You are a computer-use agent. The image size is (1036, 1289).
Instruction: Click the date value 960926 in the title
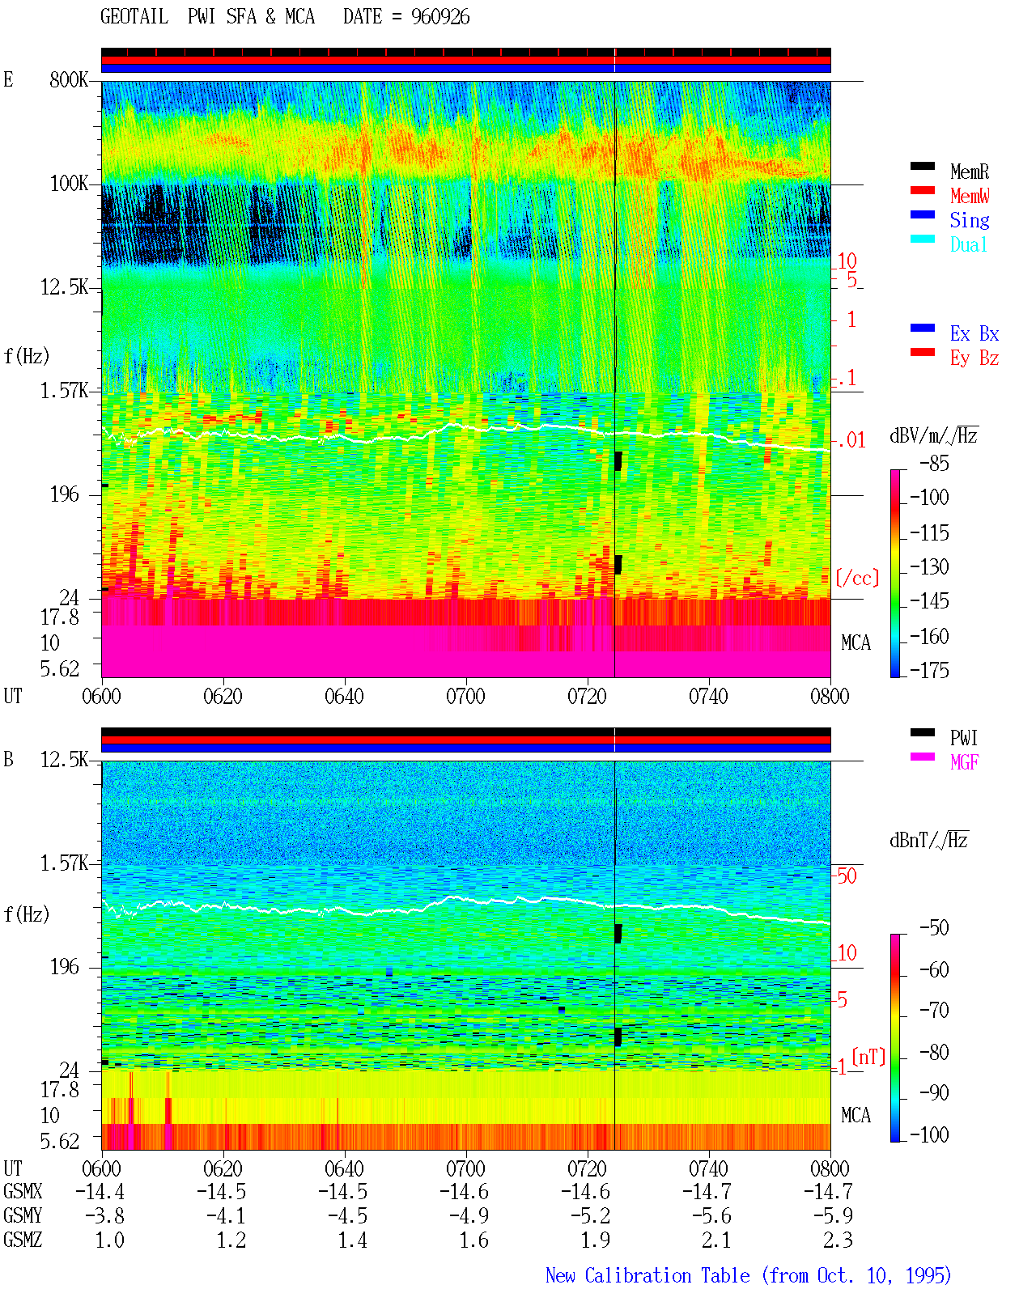click(x=440, y=17)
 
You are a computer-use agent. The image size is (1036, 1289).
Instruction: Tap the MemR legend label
click(x=970, y=172)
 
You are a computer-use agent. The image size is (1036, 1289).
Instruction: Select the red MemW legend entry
click(x=970, y=196)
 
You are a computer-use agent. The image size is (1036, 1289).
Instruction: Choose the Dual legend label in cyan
click(x=969, y=244)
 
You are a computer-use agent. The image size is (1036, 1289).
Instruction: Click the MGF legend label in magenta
click(x=964, y=762)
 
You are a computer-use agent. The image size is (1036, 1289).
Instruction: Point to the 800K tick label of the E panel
click(x=69, y=79)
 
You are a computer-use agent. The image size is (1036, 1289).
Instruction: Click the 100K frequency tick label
click(x=69, y=184)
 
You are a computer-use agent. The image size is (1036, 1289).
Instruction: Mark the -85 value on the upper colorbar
click(x=934, y=464)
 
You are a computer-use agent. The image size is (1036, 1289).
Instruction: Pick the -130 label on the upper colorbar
click(x=929, y=566)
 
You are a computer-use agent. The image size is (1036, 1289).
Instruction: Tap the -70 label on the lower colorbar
click(x=934, y=1011)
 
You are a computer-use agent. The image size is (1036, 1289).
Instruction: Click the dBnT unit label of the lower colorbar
click(x=928, y=841)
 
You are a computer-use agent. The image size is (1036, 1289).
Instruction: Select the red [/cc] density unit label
click(x=857, y=578)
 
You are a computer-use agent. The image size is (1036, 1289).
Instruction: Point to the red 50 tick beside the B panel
click(x=847, y=876)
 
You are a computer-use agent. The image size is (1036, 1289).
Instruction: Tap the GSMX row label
click(x=23, y=1191)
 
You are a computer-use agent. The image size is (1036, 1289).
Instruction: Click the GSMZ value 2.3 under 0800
click(x=838, y=1240)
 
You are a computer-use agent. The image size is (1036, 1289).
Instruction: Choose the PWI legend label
click(x=964, y=738)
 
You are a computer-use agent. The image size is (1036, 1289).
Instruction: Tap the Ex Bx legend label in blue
click(x=974, y=333)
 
